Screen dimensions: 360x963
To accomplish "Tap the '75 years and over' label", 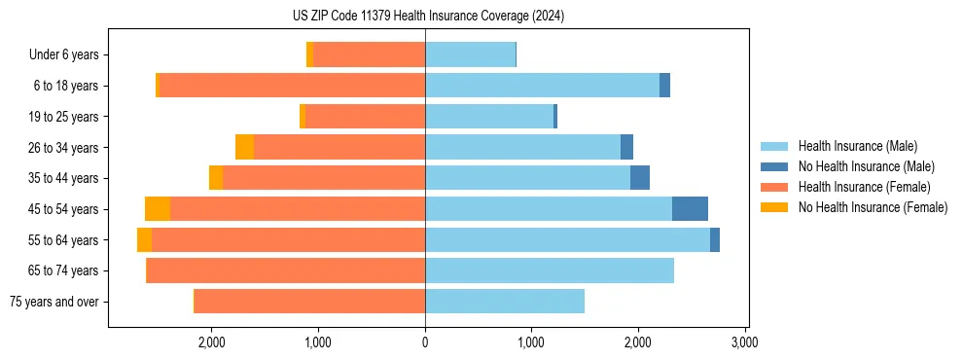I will point(54,302).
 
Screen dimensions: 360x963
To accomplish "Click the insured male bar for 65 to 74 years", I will point(550,270).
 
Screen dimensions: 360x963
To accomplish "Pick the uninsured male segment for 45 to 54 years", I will point(690,209).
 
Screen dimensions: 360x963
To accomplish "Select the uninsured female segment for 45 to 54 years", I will point(158,209).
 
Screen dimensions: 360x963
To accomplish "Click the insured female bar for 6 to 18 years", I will point(292,86).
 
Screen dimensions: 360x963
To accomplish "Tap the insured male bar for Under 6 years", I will point(470,54).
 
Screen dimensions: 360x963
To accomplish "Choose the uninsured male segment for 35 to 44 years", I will point(640,178).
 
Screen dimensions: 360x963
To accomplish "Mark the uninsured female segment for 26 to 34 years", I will point(244,147).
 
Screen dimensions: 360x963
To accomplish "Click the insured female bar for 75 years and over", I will point(309,302).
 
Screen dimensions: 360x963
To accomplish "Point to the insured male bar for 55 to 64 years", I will point(567,239).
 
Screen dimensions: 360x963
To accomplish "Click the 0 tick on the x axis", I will point(425,342).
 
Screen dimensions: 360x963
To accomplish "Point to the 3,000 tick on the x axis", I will point(744,342).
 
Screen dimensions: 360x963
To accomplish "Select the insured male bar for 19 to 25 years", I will point(489,117).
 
